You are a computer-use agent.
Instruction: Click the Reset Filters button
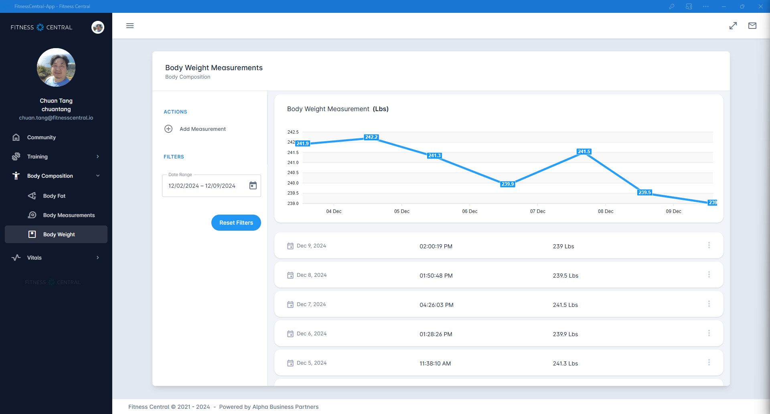pyautogui.click(x=236, y=223)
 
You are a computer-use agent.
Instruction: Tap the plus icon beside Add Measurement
pyautogui.click(x=168, y=129)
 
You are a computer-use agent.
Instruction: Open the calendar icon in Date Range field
pyautogui.click(x=253, y=185)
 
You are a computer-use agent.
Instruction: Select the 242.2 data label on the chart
pyautogui.click(x=371, y=137)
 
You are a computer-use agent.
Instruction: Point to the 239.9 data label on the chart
pyautogui.click(x=507, y=184)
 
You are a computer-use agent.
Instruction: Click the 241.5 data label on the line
pyautogui.click(x=584, y=152)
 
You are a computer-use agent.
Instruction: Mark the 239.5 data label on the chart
pyautogui.click(x=644, y=193)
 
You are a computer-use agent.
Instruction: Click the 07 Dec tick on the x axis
pyautogui.click(x=537, y=211)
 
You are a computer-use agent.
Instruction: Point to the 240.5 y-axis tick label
pyautogui.click(x=293, y=173)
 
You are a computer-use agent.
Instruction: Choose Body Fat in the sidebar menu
pyautogui.click(x=54, y=196)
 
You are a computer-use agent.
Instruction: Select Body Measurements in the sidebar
pyautogui.click(x=69, y=215)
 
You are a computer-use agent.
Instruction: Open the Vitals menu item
pyautogui.click(x=34, y=258)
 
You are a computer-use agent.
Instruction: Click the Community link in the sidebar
pyautogui.click(x=41, y=137)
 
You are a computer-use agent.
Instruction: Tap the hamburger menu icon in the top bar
pyautogui.click(x=130, y=26)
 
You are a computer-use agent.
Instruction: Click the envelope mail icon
pyautogui.click(x=752, y=26)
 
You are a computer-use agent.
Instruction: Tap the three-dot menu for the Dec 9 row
pyautogui.click(x=709, y=245)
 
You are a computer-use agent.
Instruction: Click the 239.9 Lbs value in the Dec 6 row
pyautogui.click(x=565, y=334)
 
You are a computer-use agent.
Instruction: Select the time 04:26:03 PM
pyautogui.click(x=436, y=305)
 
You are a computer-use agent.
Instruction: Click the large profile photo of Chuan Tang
pyautogui.click(x=56, y=67)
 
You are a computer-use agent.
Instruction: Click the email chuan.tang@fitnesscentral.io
pyautogui.click(x=56, y=118)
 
